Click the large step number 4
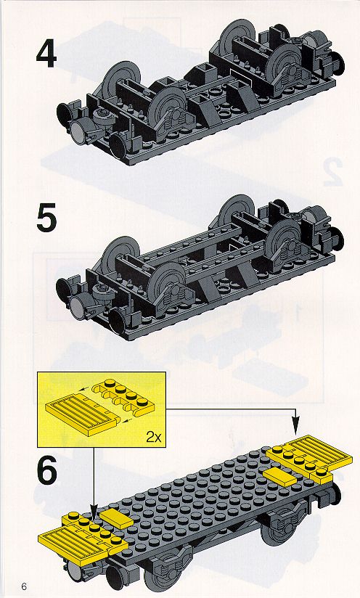coord(46,54)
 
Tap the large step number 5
coord(46,218)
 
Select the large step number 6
coord(47,470)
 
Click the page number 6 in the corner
coord(25,586)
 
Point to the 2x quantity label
coord(153,437)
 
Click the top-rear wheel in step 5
coord(237,210)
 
